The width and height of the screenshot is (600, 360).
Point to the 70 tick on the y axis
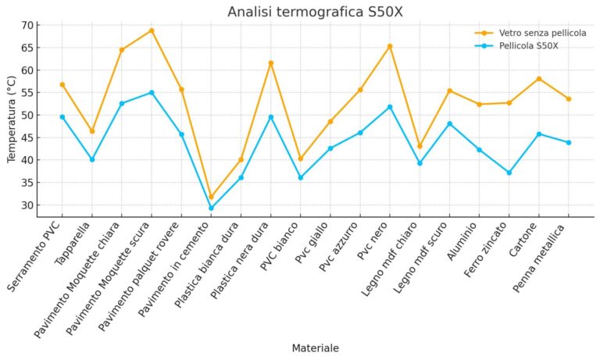coord(27,25)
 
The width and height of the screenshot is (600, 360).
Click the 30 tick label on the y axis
coord(27,205)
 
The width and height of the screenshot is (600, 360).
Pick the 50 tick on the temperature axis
coord(27,116)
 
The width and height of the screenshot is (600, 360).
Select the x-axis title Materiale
coord(315,348)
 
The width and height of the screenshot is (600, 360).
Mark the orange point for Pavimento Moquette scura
coord(152,30)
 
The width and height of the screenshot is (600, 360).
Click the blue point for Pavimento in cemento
coord(211,208)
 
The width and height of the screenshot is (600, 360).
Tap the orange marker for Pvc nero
coord(390,46)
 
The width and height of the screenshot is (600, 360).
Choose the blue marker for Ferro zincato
coord(509,173)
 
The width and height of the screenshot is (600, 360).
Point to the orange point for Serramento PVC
coord(62,84)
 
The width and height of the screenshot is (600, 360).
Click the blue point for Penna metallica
coord(569,142)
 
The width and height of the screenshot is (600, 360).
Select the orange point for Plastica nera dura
coord(271,63)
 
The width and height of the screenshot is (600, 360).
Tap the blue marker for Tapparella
coord(92,159)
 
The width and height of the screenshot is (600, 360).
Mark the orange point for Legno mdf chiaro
coord(420,146)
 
